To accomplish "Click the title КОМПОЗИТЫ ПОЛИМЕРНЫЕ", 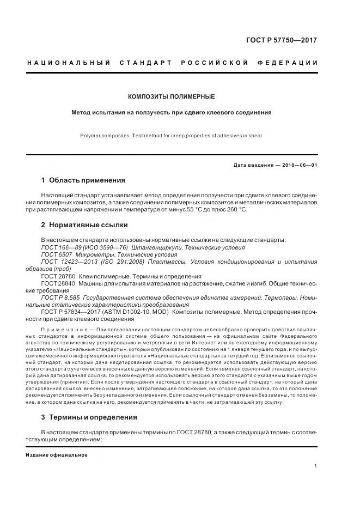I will tap(171, 96).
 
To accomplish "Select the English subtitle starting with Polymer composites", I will tap(172, 136).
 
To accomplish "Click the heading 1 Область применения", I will tap(83, 180).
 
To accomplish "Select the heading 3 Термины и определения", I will tap(89, 417).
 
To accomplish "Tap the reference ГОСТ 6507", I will tap(57, 254).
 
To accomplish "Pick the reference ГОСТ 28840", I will tap(58, 284).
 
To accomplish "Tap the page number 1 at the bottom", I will tap(316, 466).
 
